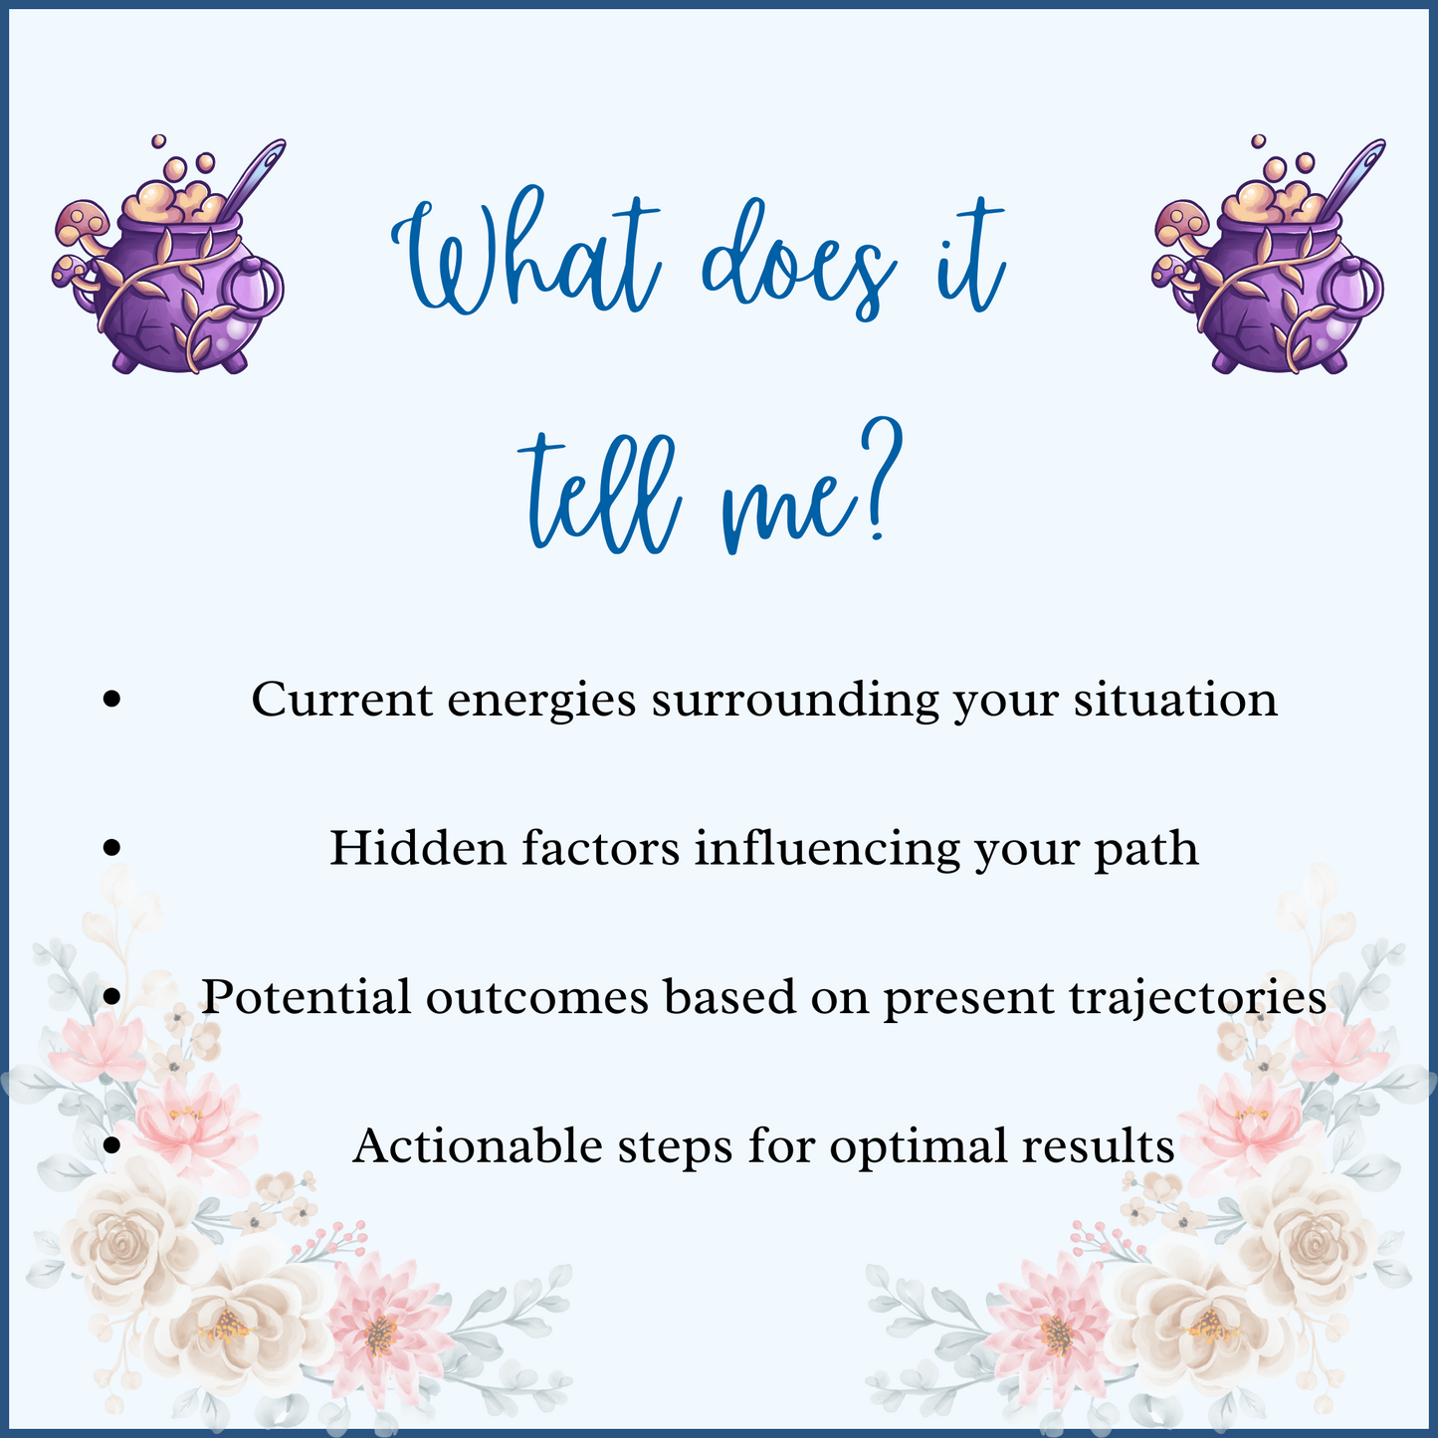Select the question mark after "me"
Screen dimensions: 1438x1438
881,478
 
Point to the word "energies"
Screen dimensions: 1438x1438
541,701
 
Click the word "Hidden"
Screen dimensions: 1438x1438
418,849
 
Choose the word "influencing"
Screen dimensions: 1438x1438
827,850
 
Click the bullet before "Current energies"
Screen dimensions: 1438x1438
111,700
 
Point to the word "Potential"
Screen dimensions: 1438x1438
306,998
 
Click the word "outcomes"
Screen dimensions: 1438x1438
536,999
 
